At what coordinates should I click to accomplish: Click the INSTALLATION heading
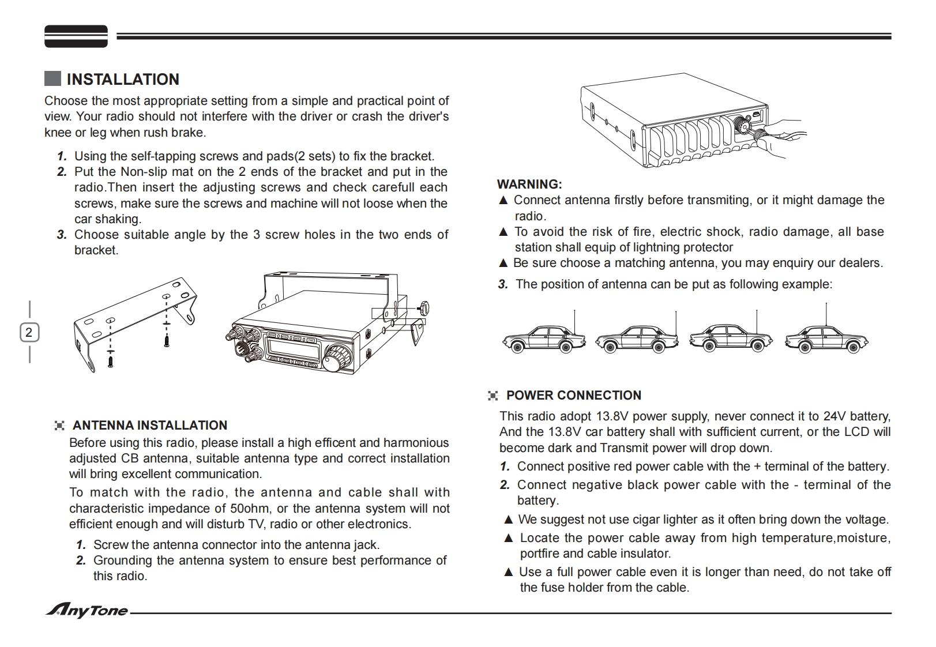pos(122,80)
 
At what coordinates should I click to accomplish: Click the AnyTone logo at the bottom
pos(87,611)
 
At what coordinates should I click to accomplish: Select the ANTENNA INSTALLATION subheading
pos(149,426)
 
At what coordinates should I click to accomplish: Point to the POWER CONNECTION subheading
pos(573,396)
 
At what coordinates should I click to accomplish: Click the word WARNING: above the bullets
pos(529,185)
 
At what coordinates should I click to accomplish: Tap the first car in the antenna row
pos(543,339)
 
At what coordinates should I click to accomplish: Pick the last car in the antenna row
pos(826,339)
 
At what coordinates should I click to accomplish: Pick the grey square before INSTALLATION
pos(52,79)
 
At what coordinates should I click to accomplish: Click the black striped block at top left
pos(76,36)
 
